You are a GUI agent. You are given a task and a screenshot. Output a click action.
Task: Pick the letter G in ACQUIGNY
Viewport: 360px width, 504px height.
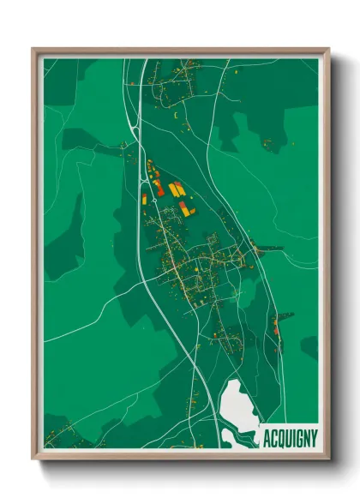[297, 436]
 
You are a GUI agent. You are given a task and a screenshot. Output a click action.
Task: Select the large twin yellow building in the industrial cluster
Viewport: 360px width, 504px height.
[176, 189]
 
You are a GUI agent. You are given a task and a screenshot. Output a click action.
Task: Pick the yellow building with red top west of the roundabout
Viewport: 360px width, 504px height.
[144, 198]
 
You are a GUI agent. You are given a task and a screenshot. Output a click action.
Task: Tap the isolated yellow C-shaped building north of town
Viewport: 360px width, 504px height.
[176, 113]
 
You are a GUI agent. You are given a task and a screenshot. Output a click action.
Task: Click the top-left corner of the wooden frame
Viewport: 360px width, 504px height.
[33, 50]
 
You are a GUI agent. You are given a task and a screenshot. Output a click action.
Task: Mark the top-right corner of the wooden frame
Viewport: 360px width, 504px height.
[328, 50]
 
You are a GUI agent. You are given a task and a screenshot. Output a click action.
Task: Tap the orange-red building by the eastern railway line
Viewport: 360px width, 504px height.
[276, 325]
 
